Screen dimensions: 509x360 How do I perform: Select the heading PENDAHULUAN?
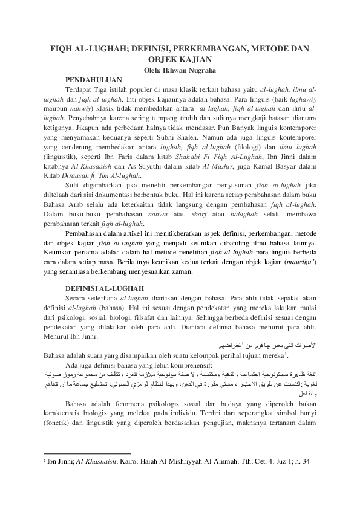coord(94,80)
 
